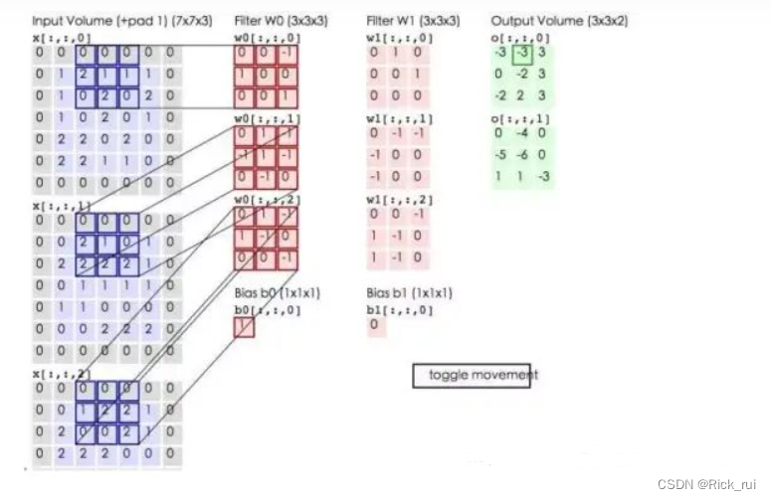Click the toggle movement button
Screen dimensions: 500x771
click(472, 375)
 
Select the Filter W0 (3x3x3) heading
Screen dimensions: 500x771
click(282, 20)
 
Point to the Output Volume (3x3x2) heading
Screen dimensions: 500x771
click(559, 20)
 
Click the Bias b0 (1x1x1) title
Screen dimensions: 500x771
click(278, 293)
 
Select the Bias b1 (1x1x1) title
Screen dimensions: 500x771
click(410, 293)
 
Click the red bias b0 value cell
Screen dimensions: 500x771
click(244, 326)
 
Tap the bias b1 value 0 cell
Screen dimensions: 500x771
click(375, 325)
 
